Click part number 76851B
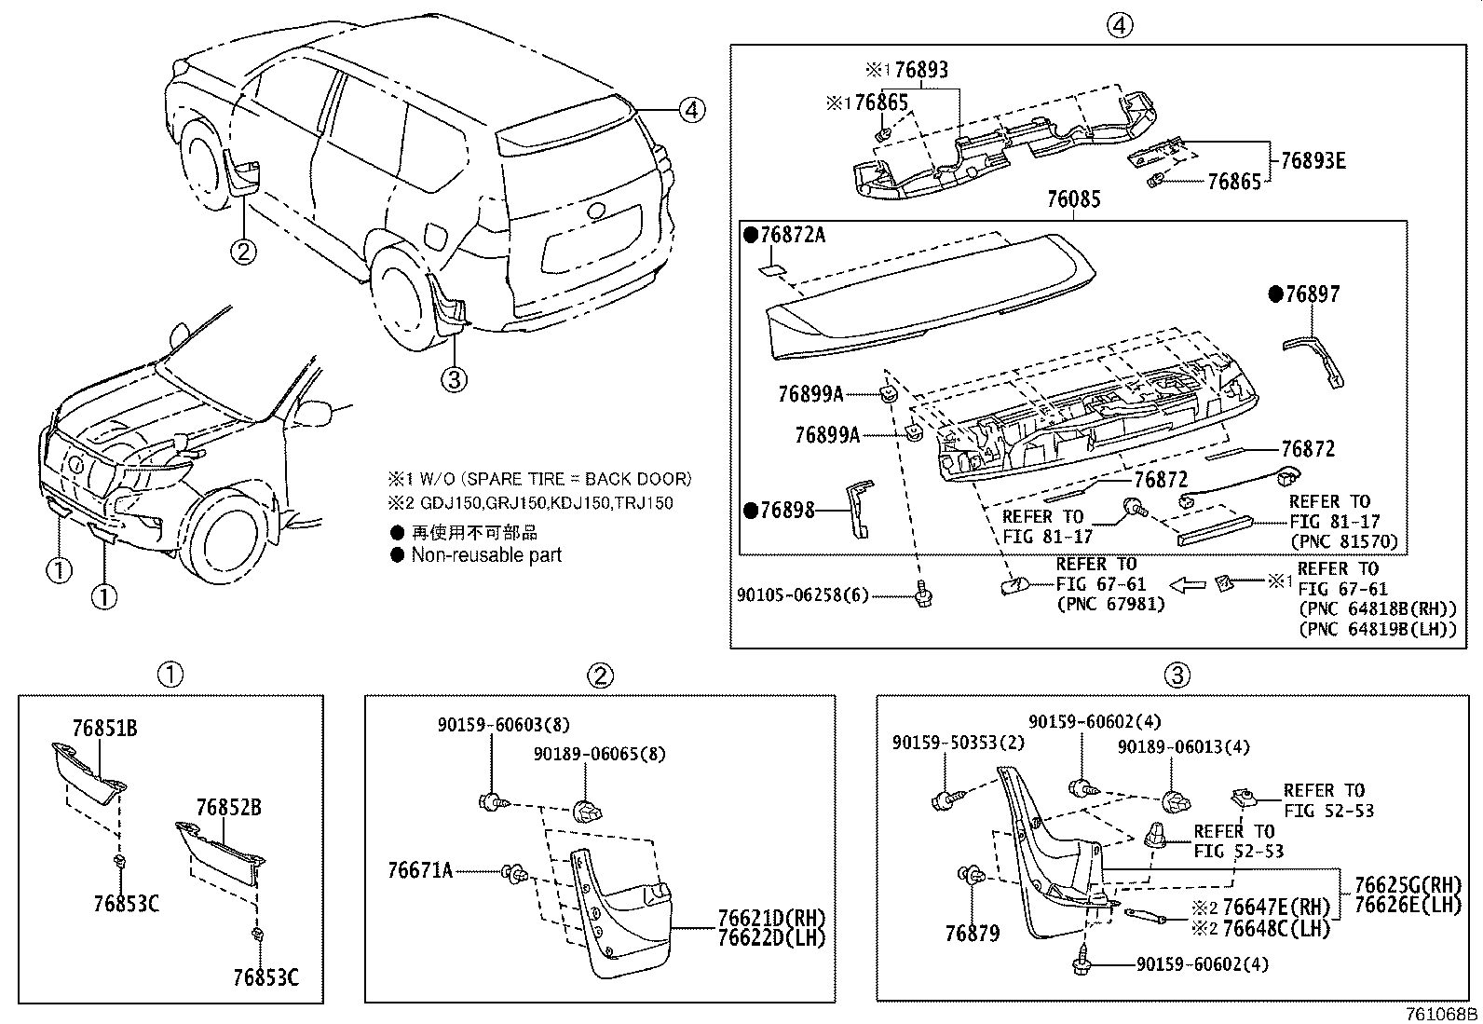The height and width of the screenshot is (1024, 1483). [x=104, y=729]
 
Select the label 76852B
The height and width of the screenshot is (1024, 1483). [x=228, y=808]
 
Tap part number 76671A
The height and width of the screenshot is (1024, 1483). [x=419, y=871]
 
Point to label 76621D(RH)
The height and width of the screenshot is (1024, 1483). [x=771, y=918]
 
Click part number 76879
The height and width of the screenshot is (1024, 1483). [x=972, y=934]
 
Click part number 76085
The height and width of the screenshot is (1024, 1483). [x=1073, y=199]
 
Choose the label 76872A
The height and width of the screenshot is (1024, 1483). [x=792, y=235]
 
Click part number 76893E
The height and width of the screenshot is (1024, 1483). [x=1313, y=160]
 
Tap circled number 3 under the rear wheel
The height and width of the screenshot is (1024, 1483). [x=454, y=378]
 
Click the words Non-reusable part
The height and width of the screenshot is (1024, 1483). [x=486, y=555]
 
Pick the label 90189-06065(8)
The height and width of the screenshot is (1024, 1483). [x=600, y=754]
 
